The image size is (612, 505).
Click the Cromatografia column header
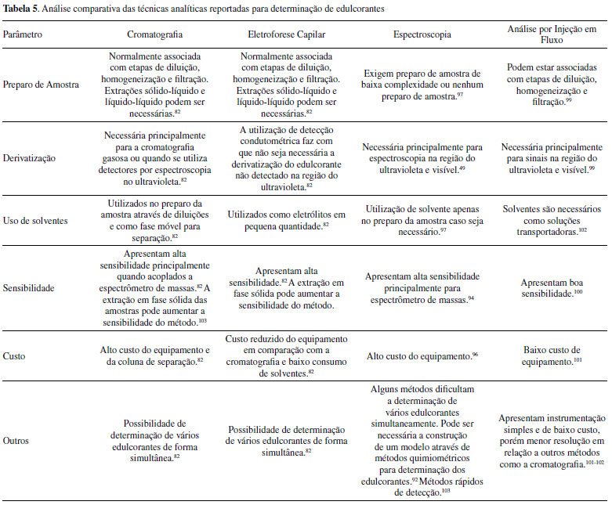coord(157,35)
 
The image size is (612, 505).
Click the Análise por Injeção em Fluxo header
coord(552,35)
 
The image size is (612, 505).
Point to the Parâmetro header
coord(24,35)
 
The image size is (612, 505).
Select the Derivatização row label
coord(30,157)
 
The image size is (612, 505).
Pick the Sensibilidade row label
coord(29,288)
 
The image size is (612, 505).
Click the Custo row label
coord(15,355)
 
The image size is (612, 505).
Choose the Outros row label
coord(16,440)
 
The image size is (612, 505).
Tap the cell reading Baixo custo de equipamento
coord(552,355)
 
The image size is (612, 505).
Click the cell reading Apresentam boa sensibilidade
coord(552,288)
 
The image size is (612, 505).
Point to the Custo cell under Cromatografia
coord(157,355)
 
